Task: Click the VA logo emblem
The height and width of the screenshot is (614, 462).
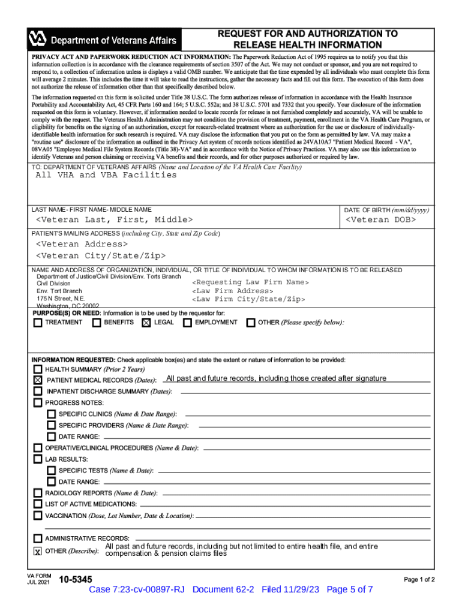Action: click(x=37, y=40)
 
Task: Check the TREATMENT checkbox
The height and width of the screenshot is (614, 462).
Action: click(x=38, y=323)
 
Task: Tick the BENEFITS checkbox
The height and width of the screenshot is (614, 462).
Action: click(x=97, y=323)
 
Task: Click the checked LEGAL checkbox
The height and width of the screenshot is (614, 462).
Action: click(x=146, y=323)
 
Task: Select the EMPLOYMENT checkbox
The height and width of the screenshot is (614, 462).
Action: click(x=188, y=323)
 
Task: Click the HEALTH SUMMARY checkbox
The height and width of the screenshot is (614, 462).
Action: click(x=38, y=369)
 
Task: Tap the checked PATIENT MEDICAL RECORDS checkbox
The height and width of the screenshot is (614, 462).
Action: click(x=38, y=380)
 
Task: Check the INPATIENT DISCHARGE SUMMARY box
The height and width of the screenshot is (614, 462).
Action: click(x=38, y=392)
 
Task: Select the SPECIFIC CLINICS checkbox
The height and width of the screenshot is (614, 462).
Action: click(x=51, y=414)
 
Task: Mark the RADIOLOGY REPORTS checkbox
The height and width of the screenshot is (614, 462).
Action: click(x=38, y=493)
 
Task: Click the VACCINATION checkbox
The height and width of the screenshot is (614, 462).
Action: click(x=38, y=516)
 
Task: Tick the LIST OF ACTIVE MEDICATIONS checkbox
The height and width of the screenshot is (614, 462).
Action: click(x=38, y=504)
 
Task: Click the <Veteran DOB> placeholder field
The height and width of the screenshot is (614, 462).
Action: click(x=380, y=221)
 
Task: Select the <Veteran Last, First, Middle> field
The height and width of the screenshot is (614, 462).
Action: click(x=115, y=221)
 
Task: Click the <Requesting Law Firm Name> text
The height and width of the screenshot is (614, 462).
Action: click(x=250, y=282)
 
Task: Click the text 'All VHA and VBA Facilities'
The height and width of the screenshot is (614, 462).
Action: click(x=106, y=175)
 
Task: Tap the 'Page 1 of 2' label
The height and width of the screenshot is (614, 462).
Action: click(x=419, y=580)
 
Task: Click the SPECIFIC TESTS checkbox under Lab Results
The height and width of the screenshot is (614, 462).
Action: click(x=51, y=471)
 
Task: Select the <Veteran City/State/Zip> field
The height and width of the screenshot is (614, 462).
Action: click(x=101, y=256)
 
